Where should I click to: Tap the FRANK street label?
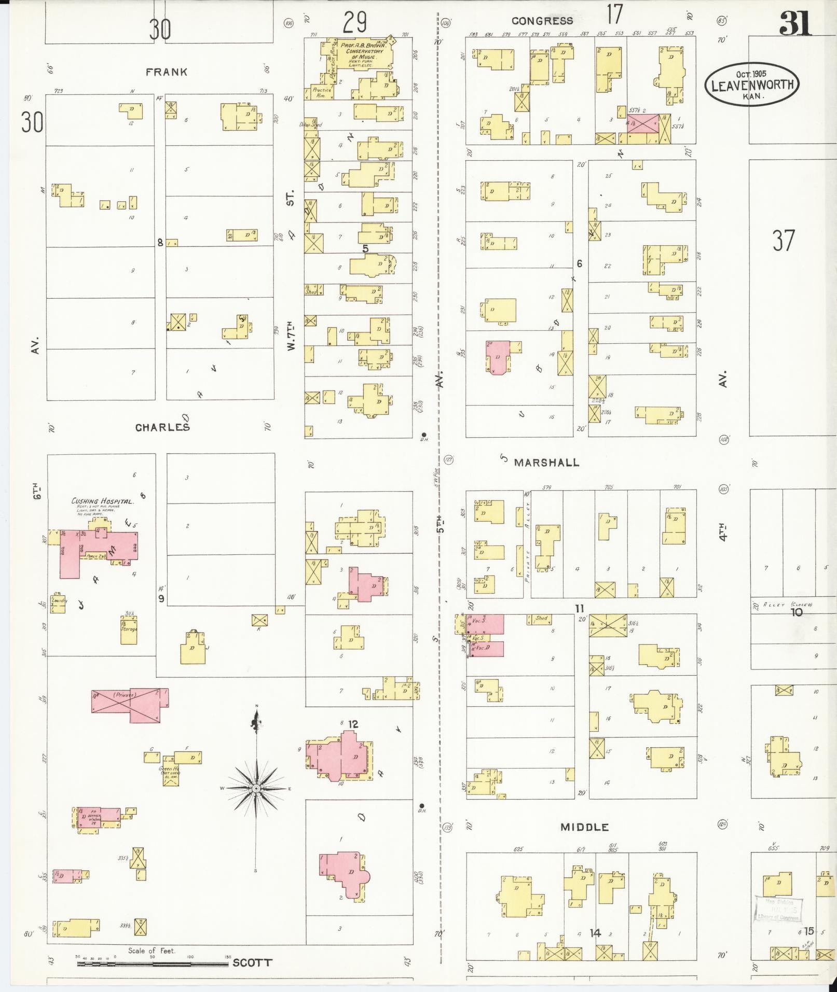[166, 72]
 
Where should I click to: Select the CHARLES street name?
[162, 427]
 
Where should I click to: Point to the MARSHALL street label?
[546, 463]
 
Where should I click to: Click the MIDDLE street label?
[584, 827]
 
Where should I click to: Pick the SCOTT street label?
[252, 962]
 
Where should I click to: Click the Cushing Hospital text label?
[102, 501]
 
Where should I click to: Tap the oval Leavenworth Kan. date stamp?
[751, 85]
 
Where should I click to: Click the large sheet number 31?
[795, 23]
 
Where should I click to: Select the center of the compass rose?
[256, 789]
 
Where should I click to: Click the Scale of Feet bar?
[153, 964]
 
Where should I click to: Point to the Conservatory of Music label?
[362, 54]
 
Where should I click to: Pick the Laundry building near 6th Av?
[59, 603]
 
